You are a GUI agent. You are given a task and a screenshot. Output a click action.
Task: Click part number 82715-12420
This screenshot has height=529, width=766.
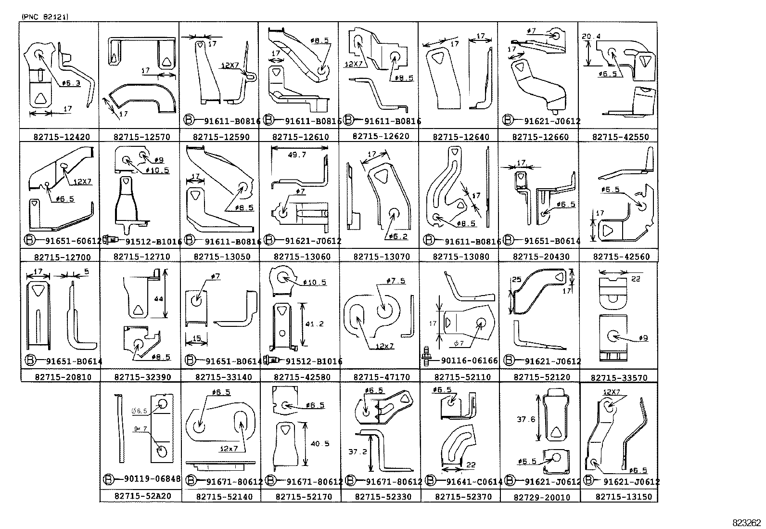(62, 137)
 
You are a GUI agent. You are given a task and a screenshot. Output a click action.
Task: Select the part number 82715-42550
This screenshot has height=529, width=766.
(621, 137)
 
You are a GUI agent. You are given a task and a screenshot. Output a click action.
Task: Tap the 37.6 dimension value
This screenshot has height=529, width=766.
(526, 419)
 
